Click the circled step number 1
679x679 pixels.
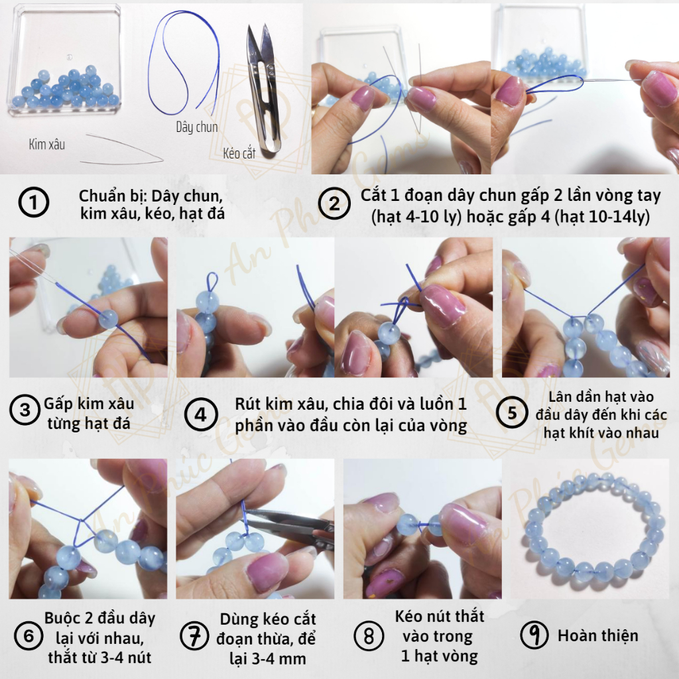click(x=33, y=202)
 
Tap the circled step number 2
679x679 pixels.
click(x=334, y=203)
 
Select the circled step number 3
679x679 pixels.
click(x=25, y=410)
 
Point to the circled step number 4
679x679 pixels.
click(x=201, y=414)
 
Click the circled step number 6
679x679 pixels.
click(x=29, y=636)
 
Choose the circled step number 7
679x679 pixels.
click(x=194, y=635)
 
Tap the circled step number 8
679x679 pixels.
click(x=369, y=636)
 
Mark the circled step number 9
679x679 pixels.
click(x=535, y=635)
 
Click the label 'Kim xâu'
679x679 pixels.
click(x=47, y=144)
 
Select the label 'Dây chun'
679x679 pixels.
click(x=196, y=127)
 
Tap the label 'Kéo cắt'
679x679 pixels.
click(x=239, y=153)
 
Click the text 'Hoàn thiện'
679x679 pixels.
click(x=598, y=635)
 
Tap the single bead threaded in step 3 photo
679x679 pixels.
click(x=108, y=319)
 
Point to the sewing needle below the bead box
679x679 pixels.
click(x=121, y=149)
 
